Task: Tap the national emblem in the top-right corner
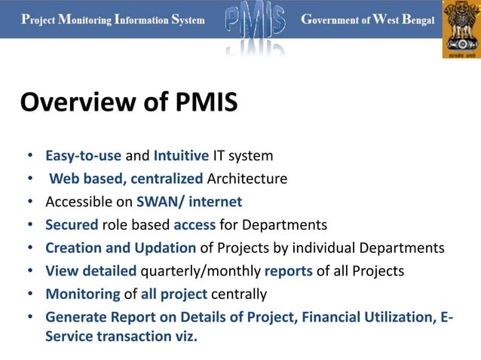point(461,29)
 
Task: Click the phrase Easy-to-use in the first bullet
point(83,157)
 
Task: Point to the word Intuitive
point(181,157)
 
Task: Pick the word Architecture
point(247,179)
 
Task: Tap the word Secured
point(72,224)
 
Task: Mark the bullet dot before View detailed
point(29,271)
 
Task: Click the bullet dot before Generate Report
point(29,317)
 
